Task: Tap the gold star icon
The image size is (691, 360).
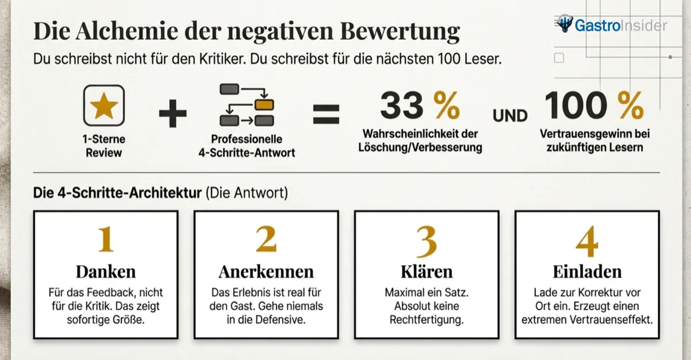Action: [104, 105]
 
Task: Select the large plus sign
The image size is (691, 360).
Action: [173, 115]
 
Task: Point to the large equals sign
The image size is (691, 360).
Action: [326, 114]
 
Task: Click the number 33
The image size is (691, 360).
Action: [401, 105]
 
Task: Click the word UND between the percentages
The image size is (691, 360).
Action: [510, 116]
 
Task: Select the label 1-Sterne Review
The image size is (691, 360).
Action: [104, 146]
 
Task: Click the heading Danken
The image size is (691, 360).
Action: [105, 271]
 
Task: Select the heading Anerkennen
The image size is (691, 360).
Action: [266, 271]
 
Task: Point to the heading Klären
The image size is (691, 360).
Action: [426, 271]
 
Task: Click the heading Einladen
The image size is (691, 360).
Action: [587, 271]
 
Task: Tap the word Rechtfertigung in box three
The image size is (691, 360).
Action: [426, 319]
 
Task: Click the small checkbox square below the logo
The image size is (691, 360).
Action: [559, 58]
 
